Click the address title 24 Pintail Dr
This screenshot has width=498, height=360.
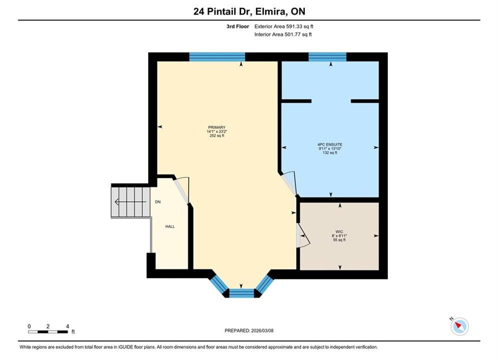(222, 11)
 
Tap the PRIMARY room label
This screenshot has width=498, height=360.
(217, 127)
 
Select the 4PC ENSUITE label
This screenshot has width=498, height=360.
(330, 144)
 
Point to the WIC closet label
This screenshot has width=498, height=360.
(339, 232)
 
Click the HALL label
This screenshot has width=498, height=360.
(170, 226)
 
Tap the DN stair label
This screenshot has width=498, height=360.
(158, 201)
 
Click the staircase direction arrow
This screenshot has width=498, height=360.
(130, 201)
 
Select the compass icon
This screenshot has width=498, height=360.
(459, 325)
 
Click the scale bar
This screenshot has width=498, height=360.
(48, 332)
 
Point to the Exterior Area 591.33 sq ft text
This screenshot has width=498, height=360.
(284, 26)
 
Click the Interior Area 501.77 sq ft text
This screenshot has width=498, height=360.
(283, 34)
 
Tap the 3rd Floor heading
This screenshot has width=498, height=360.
(238, 26)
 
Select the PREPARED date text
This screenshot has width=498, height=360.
(249, 330)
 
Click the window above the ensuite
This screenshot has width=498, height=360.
(327, 57)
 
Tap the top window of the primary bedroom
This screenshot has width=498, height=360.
(217, 57)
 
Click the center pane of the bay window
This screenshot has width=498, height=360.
(241, 293)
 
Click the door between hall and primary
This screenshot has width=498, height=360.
(182, 190)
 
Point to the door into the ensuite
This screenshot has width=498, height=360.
(289, 184)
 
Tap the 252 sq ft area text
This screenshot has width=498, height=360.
(217, 136)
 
